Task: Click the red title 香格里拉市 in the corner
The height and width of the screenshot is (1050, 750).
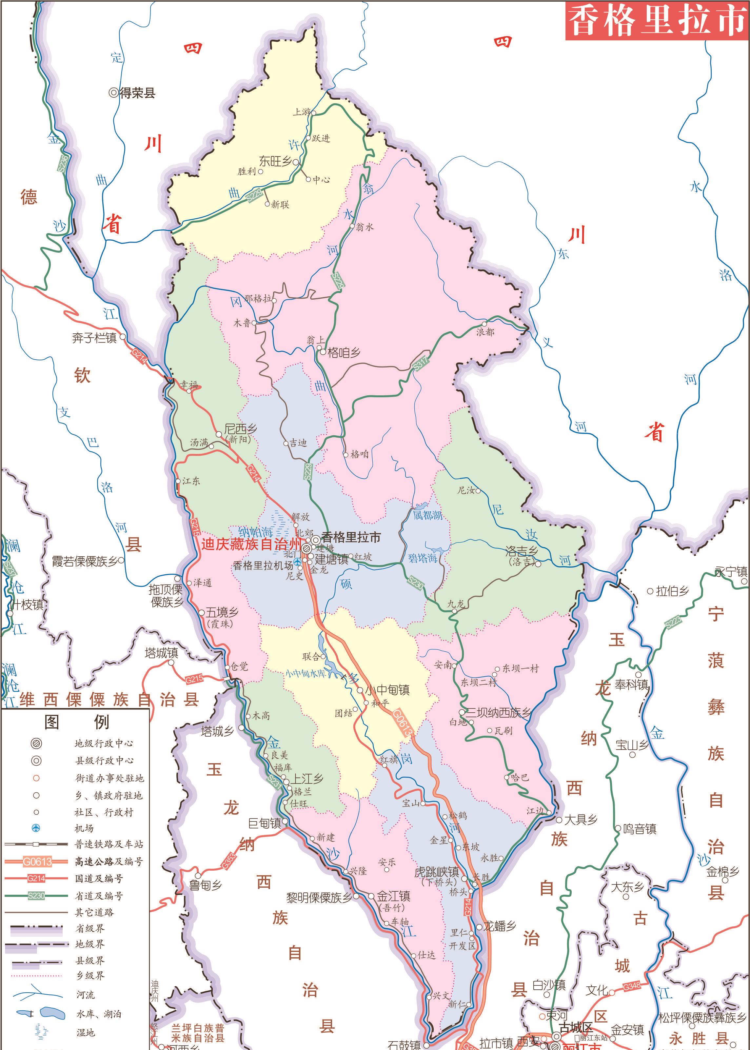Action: click(x=657, y=20)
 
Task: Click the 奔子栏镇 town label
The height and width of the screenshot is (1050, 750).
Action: click(x=94, y=338)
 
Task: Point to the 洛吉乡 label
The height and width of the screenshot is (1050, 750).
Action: click(x=522, y=551)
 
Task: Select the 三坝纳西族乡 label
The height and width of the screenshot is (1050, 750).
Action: click(x=498, y=712)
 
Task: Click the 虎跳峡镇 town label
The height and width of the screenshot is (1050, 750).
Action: click(x=436, y=872)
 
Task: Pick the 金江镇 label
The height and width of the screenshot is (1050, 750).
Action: click(x=393, y=896)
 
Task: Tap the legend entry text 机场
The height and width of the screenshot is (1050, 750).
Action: click(x=84, y=828)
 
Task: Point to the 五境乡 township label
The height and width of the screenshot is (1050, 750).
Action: click(x=222, y=613)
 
